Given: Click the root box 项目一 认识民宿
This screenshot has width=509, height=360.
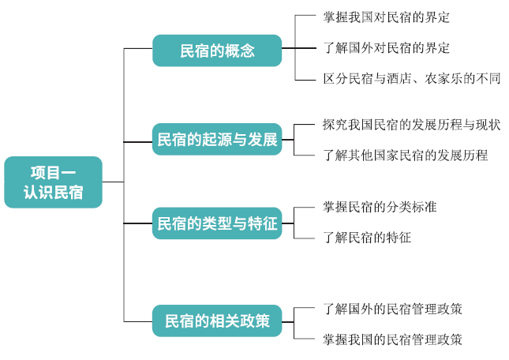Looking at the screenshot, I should pos(54,182).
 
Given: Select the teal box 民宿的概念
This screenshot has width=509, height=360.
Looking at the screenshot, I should pos(217,51).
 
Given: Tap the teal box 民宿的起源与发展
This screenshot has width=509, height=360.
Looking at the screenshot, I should pos(217,140).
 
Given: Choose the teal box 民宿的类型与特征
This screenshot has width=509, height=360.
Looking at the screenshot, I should pos(217,223).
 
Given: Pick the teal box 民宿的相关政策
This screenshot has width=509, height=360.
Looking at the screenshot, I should pos(217,321).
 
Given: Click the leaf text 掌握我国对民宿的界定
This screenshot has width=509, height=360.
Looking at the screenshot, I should pos(386,17).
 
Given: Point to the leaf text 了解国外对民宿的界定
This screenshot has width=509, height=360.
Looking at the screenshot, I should pos(386,47).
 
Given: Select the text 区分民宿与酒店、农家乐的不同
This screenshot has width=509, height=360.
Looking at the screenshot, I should pos(411,78).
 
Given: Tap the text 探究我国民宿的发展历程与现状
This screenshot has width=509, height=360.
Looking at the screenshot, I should pos(411,125).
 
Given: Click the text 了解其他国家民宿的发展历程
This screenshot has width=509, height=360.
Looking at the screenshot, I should pos(405,155).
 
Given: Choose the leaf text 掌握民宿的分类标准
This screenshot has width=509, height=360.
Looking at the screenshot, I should pos(380,207).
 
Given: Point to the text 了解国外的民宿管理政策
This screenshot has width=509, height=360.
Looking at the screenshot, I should pos(392,308).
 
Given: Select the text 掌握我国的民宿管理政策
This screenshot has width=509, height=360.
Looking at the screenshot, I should pos(392,339).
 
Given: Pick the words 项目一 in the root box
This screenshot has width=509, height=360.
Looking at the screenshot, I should pos(54,172).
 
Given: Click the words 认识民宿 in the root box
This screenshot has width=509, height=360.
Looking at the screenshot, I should pos(54,193).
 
